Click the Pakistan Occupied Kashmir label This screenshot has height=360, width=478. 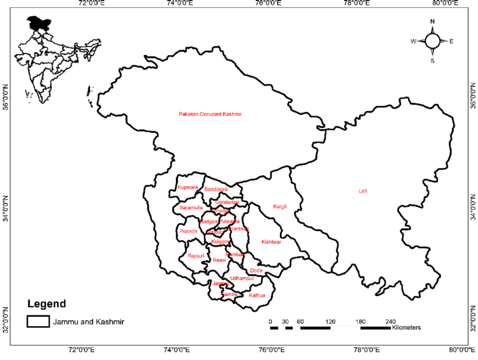(x=210, y=114)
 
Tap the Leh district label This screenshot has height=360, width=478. (x=363, y=191)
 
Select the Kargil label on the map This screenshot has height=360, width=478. (x=279, y=206)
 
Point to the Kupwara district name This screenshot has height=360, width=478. (x=187, y=187)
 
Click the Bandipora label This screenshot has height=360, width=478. (x=216, y=189)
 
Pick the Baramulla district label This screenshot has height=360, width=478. (x=191, y=208)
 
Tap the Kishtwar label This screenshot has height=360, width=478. (x=271, y=242)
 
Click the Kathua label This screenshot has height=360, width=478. (x=256, y=295)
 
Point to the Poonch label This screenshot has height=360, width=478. (x=187, y=231)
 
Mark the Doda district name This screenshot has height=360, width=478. (x=256, y=271)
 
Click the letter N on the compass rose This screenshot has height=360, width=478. (x=432, y=21)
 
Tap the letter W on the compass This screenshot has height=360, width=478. (x=413, y=41)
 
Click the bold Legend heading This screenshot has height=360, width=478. (x=46, y=304)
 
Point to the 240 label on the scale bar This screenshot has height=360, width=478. (x=390, y=321)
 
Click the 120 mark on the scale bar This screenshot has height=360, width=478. (x=330, y=321)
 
